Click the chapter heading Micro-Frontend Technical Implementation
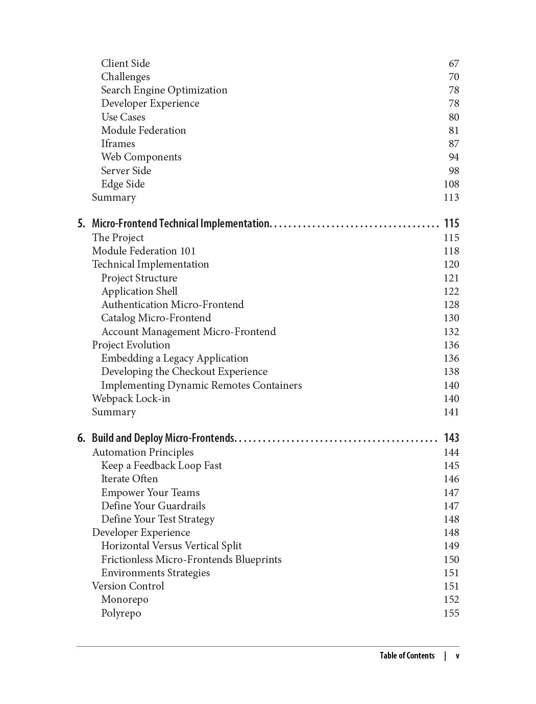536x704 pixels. point(180,224)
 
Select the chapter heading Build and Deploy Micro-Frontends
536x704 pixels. point(163,438)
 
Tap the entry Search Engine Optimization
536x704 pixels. point(164,90)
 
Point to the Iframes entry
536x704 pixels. point(118,144)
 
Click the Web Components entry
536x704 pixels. point(141,157)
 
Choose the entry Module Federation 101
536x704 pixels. point(143,251)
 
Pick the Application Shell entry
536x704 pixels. point(139,292)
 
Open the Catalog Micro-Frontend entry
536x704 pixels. point(156,318)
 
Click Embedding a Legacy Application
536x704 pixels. point(175,359)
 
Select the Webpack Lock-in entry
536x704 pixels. point(131,399)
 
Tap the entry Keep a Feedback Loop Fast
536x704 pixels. point(161,466)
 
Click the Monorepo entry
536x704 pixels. point(125,600)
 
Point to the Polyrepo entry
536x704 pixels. point(121,614)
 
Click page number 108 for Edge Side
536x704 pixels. point(451,184)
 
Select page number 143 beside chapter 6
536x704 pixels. point(451,438)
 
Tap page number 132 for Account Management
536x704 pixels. point(451,332)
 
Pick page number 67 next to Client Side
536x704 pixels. point(454,64)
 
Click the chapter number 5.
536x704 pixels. point(81,224)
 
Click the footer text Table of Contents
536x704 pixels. point(407,656)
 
